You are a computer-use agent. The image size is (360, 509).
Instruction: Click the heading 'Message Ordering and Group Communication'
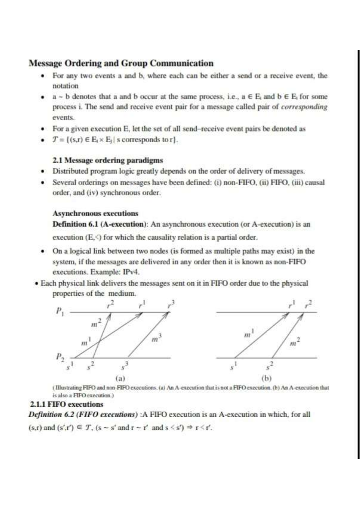click(121, 63)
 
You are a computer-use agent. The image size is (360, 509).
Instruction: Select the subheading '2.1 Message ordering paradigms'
click(108, 160)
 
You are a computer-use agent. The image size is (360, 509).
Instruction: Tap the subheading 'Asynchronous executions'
click(95, 213)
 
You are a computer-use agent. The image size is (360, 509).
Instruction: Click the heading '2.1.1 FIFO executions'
click(66, 404)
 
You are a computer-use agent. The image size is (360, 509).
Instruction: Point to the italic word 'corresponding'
click(304, 107)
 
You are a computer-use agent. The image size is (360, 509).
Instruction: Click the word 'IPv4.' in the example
click(131, 272)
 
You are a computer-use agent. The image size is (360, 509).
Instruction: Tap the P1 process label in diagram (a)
click(60, 311)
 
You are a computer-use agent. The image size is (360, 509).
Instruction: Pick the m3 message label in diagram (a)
click(155, 338)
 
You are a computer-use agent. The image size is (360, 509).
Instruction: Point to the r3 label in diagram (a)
click(171, 304)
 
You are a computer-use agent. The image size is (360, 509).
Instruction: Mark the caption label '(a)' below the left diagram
click(120, 378)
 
